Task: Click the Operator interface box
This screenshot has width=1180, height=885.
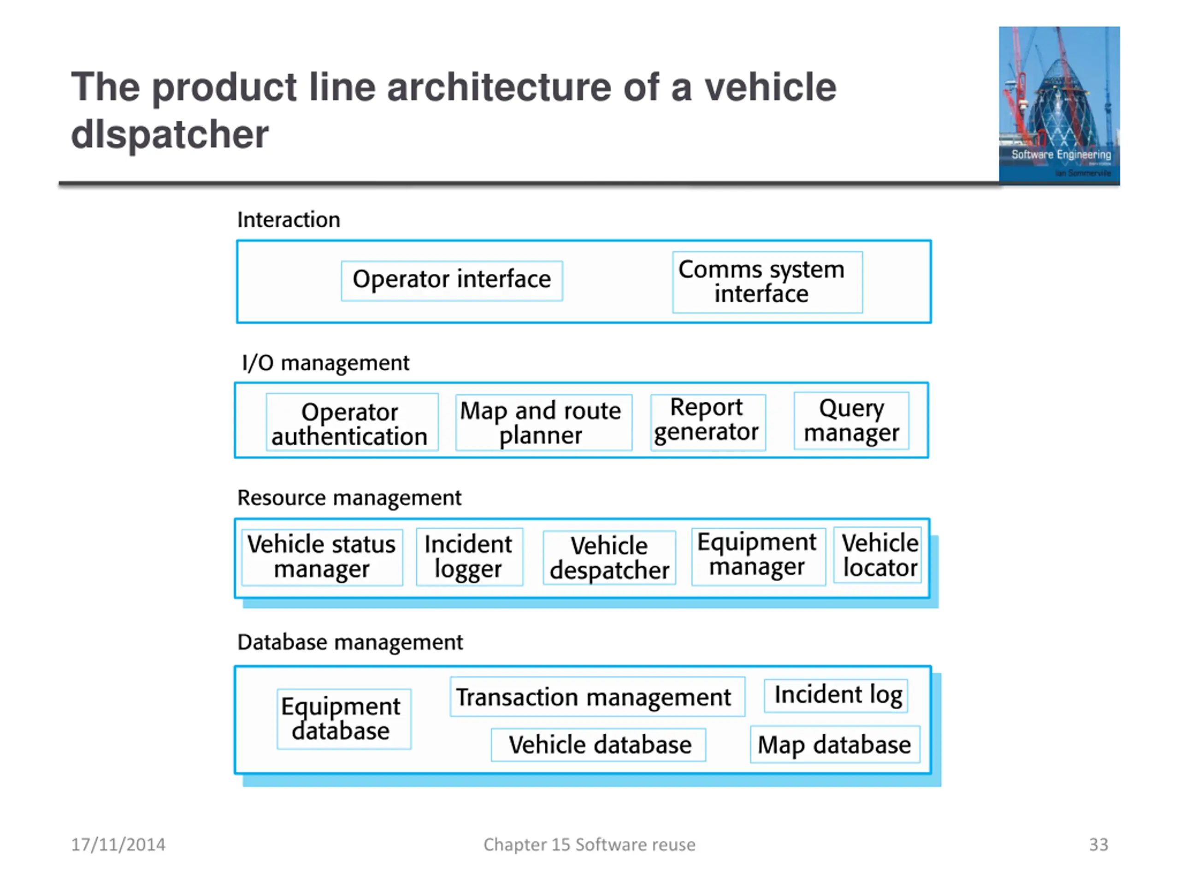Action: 452,281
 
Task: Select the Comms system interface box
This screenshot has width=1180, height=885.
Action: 767,282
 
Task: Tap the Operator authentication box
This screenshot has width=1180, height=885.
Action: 352,422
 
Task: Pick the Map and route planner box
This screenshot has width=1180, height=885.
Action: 543,423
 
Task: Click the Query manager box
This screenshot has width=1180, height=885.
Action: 851,421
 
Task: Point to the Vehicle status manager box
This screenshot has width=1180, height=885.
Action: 322,557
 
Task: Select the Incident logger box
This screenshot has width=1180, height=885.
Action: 469,557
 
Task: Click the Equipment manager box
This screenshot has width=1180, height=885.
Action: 759,557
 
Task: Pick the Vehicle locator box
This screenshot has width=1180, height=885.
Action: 878,555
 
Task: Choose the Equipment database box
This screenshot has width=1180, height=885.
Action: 344,719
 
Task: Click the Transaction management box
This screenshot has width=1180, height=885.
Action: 597,696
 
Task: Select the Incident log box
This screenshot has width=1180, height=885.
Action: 836,696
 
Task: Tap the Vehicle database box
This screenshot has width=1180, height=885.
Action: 599,745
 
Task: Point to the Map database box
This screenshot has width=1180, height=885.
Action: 835,744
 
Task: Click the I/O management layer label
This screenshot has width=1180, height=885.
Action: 325,363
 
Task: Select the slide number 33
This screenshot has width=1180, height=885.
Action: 1098,844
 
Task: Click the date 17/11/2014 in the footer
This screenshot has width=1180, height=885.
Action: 118,844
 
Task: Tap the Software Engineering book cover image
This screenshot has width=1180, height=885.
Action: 1059,105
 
